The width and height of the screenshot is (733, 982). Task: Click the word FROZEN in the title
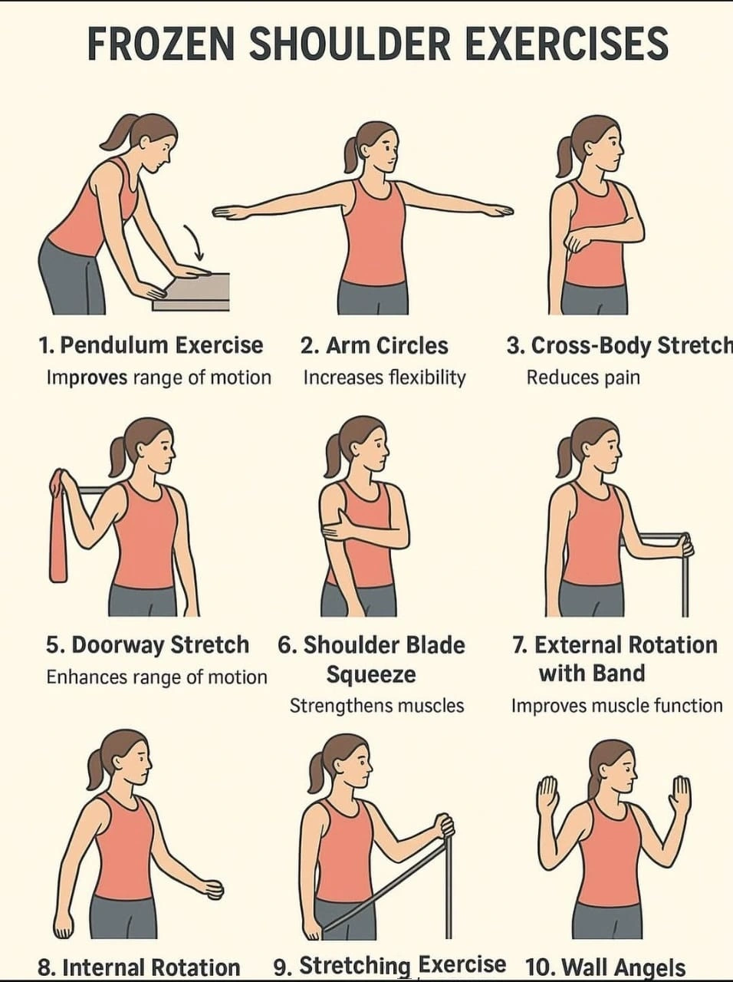[x=161, y=44]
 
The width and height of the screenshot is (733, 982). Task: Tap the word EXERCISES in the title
[x=567, y=44]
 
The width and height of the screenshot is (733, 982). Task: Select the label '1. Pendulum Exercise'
[x=150, y=345]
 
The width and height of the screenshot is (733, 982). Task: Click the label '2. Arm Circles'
[x=373, y=345]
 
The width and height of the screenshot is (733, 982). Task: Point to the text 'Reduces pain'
[x=583, y=377]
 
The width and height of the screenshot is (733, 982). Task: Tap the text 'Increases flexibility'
[x=384, y=377]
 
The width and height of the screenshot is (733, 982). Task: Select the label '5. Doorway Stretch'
[x=147, y=645]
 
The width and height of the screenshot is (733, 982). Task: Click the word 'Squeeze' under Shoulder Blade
[x=371, y=674]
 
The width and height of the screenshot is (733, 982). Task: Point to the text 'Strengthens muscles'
[x=376, y=706]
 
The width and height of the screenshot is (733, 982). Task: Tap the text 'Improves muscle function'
[x=616, y=706]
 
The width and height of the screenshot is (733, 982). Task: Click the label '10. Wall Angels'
[x=605, y=967]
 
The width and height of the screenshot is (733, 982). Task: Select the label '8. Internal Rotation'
[x=139, y=967]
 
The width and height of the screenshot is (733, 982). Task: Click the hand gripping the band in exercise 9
[x=444, y=829]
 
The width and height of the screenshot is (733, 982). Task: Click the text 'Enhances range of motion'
[x=156, y=677]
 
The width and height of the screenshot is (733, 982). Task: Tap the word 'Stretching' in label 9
[x=355, y=965]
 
